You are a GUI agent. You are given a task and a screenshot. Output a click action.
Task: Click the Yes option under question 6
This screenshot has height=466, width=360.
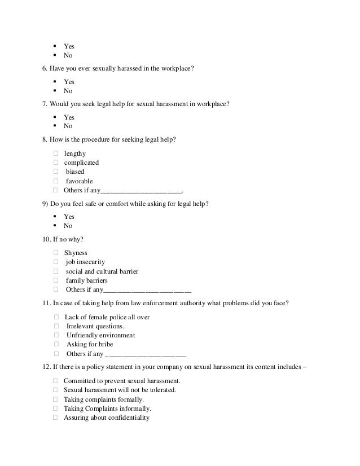click(69, 82)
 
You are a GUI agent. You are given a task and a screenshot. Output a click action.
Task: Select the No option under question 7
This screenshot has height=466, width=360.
click(68, 126)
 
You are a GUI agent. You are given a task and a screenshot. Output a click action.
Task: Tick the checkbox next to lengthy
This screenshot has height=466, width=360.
click(56, 153)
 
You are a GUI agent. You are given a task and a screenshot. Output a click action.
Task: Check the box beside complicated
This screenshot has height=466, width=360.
click(56, 162)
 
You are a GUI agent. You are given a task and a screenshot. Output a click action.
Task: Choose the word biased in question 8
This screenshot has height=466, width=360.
click(75, 172)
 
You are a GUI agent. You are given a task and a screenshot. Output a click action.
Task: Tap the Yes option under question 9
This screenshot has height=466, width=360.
click(69, 217)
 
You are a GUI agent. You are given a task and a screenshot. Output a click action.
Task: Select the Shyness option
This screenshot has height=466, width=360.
click(76, 253)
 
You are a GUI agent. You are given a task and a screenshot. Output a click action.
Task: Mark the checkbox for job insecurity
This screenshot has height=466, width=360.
click(56, 262)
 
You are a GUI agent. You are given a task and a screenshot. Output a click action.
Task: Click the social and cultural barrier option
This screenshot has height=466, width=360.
click(102, 271)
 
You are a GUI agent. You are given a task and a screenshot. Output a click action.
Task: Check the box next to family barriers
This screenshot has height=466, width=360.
click(56, 280)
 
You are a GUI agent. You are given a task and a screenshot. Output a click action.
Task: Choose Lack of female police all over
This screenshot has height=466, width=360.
click(107, 317)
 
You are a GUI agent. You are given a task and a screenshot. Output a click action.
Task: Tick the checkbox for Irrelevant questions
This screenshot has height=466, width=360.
click(56, 326)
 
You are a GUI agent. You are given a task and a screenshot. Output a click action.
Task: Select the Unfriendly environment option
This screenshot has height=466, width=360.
click(100, 335)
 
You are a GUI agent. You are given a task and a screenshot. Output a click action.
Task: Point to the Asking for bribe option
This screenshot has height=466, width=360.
click(89, 344)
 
